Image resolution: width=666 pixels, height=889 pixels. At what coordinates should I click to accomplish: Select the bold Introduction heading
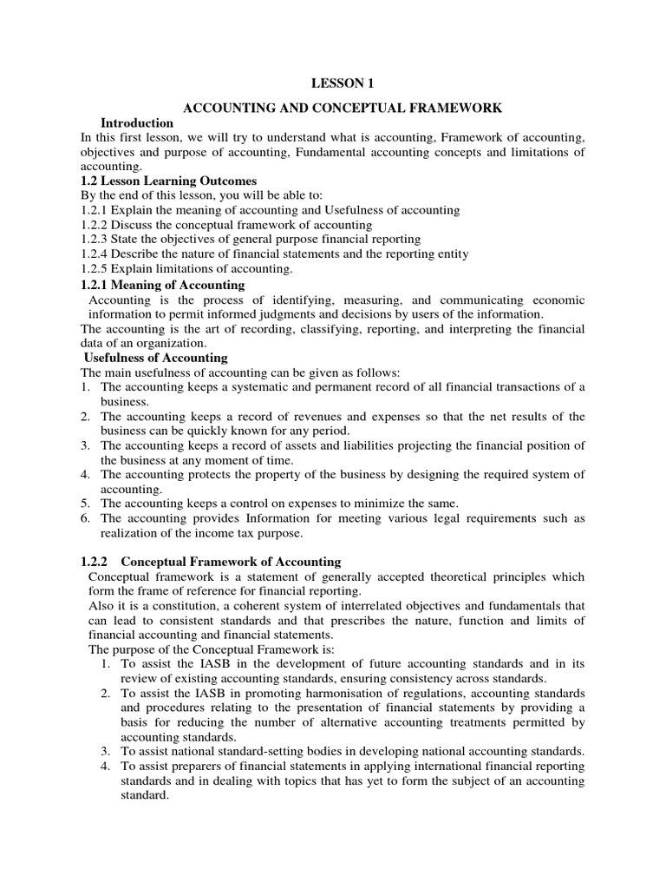click(x=137, y=123)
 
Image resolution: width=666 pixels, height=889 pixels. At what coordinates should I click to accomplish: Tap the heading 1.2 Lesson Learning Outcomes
click(x=168, y=181)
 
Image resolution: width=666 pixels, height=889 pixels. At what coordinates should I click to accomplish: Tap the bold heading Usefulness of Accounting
click(x=155, y=358)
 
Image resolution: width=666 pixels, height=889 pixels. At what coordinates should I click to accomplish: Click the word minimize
click(x=381, y=504)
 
